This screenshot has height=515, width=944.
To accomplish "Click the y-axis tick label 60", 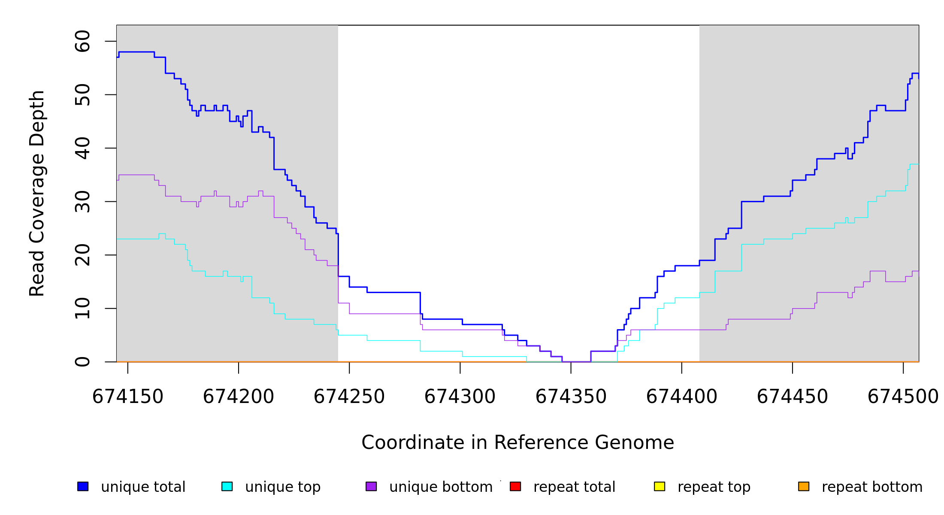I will coord(82,41).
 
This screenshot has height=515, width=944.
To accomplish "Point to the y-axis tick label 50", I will coord(82,95).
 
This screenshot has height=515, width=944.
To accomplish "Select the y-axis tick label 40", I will coord(82,148).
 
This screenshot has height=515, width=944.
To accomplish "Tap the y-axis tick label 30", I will coord(82,202).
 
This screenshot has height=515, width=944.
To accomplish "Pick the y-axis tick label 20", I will coord(82,255).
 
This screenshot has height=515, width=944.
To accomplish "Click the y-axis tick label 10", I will coord(82,309).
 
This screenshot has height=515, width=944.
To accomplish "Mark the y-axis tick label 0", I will coord(82,362).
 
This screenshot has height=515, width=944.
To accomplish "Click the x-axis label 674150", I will coord(128,397).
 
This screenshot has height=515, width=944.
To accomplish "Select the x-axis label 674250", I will coord(349,397).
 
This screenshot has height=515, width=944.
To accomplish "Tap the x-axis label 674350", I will coord(571,397).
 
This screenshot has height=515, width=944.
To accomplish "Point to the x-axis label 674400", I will coord(682,397).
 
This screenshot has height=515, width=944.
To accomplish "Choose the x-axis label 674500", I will coord(903,397).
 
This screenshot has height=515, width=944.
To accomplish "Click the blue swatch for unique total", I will coord(83,486).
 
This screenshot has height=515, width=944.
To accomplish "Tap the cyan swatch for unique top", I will coord(227,486).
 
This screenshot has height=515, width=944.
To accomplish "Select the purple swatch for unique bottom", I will coord(371,486).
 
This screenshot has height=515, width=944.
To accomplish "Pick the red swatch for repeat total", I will coord(515,486).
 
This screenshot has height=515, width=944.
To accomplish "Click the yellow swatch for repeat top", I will coord(660,486).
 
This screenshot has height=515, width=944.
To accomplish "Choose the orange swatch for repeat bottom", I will coord(804,486).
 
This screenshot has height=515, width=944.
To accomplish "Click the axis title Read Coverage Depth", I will coord(37,193).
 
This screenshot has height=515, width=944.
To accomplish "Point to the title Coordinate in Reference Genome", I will coord(517,443).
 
